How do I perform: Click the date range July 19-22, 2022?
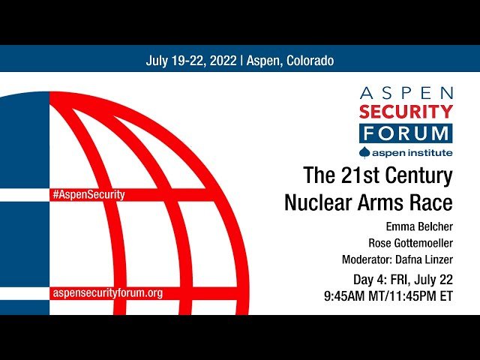click(x=190, y=61)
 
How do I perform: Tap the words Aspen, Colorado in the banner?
click(x=289, y=61)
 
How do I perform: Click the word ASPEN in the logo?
click(x=406, y=93)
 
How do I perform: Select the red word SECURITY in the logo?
click(x=406, y=113)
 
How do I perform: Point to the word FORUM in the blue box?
click(x=406, y=133)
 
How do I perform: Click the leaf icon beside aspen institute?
click(x=365, y=152)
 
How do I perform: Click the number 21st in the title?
click(x=352, y=177)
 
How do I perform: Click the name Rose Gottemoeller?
click(x=410, y=243)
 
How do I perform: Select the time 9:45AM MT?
click(x=356, y=295)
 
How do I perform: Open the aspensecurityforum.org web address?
click(x=107, y=292)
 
